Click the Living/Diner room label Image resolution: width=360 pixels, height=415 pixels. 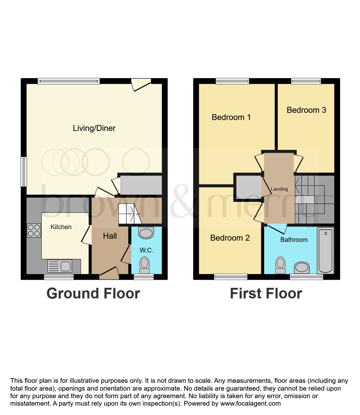pyautogui.click(x=94, y=128)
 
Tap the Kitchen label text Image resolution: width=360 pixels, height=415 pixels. pyautogui.click(x=61, y=227)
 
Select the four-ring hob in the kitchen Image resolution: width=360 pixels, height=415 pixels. pyautogui.click(x=34, y=231)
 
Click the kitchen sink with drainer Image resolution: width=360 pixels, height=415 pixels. pyautogui.click(x=60, y=266)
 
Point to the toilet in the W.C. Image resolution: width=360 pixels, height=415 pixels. pyautogui.click(x=145, y=265)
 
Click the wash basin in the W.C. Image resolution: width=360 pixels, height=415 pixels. pyautogui.click(x=146, y=233)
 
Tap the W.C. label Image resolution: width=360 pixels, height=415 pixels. pyautogui.click(x=146, y=250)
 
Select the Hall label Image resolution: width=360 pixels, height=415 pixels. pyautogui.click(x=110, y=236)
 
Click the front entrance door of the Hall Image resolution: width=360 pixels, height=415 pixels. pyautogui.click(x=109, y=273)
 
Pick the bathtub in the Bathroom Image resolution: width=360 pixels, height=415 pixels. pyautogui.click(x=325, y=250)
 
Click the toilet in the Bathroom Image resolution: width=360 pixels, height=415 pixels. pyautogui.click(x=281, y=265)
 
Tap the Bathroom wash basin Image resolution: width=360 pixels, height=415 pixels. pyautogui.click(x=302, y=268)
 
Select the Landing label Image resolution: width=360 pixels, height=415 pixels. pyautogui.click(x=279, y=189)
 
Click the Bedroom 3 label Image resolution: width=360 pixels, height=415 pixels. pyautogui.click(x=306, y=110)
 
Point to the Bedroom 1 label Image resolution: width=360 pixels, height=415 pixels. pyautogui.click(x=231, y=117)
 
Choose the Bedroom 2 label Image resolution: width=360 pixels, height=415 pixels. pyautogui.click(x=230, y=238)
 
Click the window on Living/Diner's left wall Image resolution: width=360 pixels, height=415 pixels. pyautogui.click(x=24, y=172)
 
